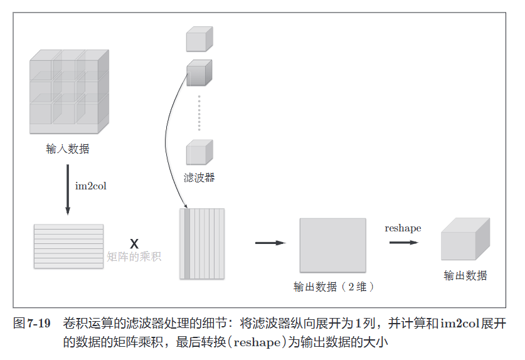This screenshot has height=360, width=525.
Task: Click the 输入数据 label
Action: pyautogui.click(x=67, y=149)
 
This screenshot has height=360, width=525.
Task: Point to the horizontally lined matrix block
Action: pyautogui.click(x=68, y=246)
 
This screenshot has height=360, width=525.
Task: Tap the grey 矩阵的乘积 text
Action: pyautogui.click(x=134, y=257)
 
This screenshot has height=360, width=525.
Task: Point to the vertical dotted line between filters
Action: pyautogui.click(x=199, y=113)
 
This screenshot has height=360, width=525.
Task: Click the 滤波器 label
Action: pyautogui.click(x=199, y=177)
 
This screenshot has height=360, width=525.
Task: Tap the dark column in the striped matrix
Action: pyautogui.click(x=187, y=243)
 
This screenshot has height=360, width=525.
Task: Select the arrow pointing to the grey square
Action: pyautogui.click(x=270, y=243)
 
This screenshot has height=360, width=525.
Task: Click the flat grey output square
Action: pyautogui.click(x=332, y=244)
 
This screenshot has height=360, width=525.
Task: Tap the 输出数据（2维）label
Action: pyautogui.click(x=334, y=287)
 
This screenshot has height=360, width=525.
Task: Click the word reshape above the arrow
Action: pyautogui.click(x=403, y=228)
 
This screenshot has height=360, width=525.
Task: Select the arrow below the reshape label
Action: pyautogui.click(x=403, y=241)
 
